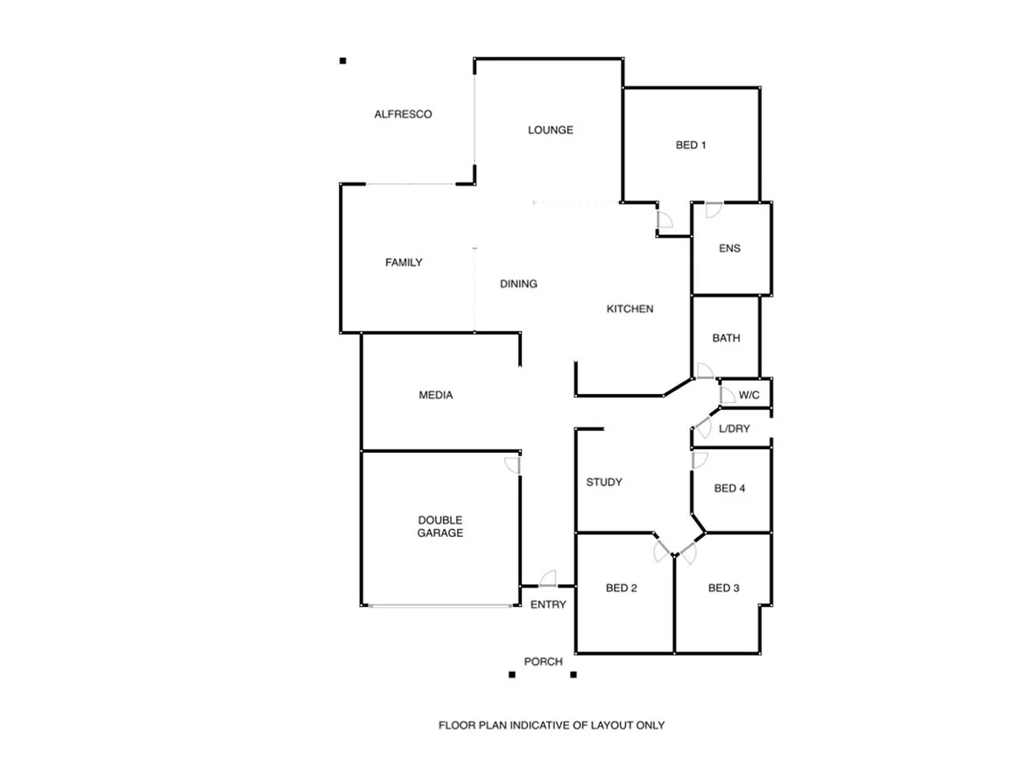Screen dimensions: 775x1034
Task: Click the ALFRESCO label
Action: pos(403,114)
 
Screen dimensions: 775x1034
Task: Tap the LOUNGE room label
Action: pos(550,130)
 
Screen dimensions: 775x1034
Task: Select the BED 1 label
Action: pos(691,144)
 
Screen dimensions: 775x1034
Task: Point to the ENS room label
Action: pos(729,248)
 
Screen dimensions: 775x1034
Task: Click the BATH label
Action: pos(726,337)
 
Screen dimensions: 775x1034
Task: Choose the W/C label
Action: pos(749,395)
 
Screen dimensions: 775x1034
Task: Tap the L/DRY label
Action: pos(734,429)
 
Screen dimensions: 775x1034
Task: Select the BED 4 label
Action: pos(729,488)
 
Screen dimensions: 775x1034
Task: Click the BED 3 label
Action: pos(723,588)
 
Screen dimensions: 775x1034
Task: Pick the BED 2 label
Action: pos(621,588)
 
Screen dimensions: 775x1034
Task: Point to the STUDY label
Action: pos(604,482)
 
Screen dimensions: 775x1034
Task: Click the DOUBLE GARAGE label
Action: pos(440,526)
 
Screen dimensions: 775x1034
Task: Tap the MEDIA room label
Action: pos(436,395)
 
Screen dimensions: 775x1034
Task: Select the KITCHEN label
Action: pos(630,309)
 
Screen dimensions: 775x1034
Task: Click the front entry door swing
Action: pos(547,578)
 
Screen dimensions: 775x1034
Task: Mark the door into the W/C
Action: pos(726,395)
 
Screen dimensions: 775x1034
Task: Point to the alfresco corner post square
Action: pos(343,60)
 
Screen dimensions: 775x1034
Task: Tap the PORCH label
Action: pos(543,661)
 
